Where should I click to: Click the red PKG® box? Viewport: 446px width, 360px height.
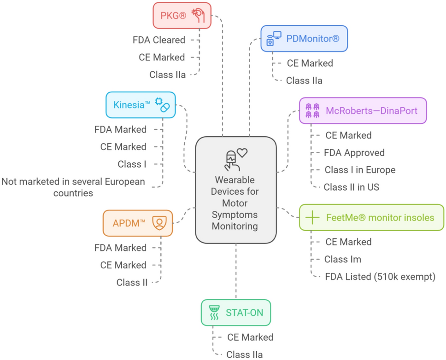182,15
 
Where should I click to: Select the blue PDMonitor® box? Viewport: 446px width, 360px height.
304,39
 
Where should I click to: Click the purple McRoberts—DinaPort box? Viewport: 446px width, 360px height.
363,110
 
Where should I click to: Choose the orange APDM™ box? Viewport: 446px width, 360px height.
137,223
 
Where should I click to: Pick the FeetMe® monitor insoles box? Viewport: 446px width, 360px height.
371,217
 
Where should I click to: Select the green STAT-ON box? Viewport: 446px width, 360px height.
235,313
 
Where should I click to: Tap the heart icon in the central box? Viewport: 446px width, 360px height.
242,153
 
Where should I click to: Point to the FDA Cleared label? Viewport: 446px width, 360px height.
159,40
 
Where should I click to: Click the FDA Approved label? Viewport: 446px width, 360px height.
354,152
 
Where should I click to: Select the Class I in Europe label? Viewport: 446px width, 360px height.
360,170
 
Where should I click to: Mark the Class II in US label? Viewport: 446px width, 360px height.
352,187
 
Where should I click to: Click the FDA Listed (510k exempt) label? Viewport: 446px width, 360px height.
380,277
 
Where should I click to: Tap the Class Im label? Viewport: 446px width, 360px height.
343,259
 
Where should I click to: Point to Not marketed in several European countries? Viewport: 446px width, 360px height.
74,187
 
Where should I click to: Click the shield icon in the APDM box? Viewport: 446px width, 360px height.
159,223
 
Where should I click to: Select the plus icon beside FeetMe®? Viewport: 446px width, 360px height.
312,217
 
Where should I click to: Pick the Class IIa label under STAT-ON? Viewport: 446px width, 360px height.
244,354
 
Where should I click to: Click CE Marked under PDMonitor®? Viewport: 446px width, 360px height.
310,63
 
